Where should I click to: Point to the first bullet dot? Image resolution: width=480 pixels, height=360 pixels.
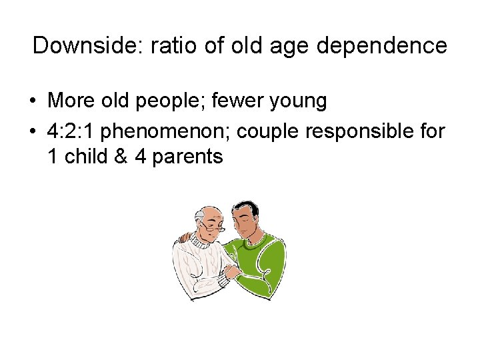[x=32, y=102]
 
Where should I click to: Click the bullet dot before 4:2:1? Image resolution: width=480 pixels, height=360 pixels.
[x=32, y=132]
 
